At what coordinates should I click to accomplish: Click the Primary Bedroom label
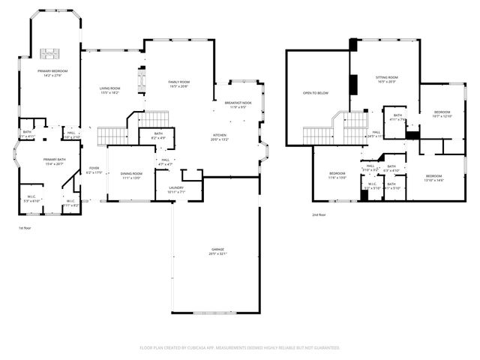50,71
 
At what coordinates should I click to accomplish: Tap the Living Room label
110,89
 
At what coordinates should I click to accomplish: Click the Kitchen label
219,136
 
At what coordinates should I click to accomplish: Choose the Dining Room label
131,174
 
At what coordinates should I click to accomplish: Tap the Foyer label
94,169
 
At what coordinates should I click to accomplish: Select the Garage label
217,250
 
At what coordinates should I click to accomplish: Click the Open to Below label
316,93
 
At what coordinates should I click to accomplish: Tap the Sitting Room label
386,78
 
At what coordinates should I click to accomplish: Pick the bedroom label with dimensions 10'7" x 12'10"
442,112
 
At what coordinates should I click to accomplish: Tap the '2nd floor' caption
320,214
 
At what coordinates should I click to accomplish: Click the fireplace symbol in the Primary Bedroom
50,52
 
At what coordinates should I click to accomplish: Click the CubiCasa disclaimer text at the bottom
240,348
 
